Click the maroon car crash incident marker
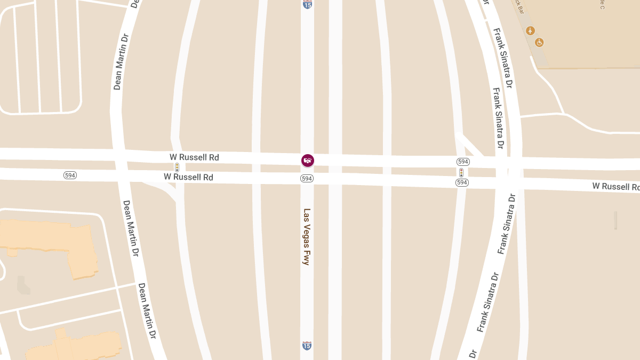(308, 160)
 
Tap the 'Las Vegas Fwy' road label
(307, 236)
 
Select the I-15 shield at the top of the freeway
(307, 4)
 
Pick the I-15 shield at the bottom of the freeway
(307, 346)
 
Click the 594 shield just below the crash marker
(307, 179)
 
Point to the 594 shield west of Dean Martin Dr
(70, 175)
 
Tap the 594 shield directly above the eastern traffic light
(462, 162)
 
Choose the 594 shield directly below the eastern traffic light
(462, 182)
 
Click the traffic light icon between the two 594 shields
(461, 172)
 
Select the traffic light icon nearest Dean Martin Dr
(177, 167)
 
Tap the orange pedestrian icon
(530, 30)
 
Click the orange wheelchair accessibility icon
(539, 42)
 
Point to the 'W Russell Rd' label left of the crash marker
(194, 157)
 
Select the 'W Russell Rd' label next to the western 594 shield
(188, 177)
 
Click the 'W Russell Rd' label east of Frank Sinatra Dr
(615, 186)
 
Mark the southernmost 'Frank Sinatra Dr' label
(487, 301)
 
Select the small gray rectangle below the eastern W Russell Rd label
(615, 220)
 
